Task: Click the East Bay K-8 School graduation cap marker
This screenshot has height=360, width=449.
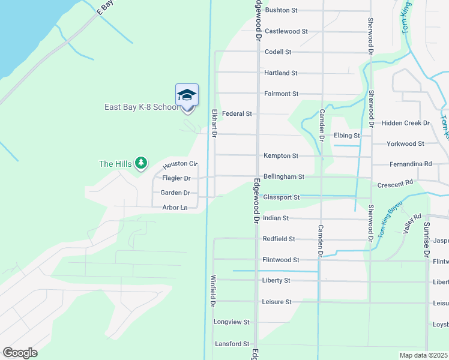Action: (x=187, y=95)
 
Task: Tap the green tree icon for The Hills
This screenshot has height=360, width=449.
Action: (x=141, y=163)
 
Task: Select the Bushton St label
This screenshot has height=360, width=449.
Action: (x=281, y=10)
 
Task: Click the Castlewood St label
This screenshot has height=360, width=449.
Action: (x=286, y=31)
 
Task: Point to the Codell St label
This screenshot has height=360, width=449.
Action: (x=278, y=52)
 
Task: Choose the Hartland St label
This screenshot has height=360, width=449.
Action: (x=281, y=73)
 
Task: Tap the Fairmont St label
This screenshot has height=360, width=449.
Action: (x=281, y=94)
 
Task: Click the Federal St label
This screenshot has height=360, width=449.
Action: (x=237, y=113)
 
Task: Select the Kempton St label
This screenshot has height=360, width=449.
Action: (x=281, y=156)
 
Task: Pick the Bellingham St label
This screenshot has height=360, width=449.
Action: (x=284, y=177)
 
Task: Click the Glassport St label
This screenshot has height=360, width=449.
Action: (x=281, y=197)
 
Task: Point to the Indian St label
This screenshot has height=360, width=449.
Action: (x=277, y=218)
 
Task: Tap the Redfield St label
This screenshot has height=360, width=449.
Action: (x=279, y=239)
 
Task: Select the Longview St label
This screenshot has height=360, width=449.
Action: (x=231, y=322)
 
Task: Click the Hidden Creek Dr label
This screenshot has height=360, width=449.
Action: (x=406, y=123)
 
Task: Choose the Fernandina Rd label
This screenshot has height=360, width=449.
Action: (x=411, y=164)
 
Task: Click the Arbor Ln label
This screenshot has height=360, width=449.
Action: (x=175, y=208)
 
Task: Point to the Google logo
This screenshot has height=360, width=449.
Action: (x=20, y=353)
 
